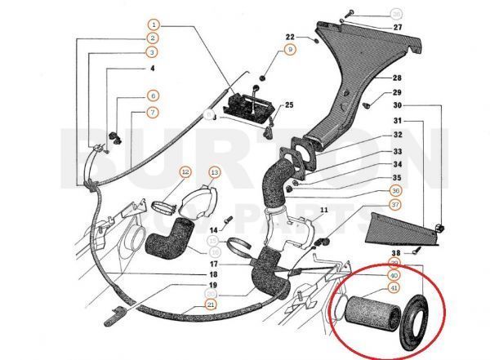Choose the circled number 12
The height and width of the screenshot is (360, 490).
[x=185, y=172]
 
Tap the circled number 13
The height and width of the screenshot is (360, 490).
[x=214, y=172]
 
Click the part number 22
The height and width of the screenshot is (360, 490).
[x=290, y=37]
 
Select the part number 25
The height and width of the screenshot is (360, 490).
[x=288, y=105]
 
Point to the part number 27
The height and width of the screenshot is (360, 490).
[x=398, y=27]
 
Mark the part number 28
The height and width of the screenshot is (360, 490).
[x=398, y=78]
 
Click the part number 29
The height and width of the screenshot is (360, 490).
[x=398, y=92]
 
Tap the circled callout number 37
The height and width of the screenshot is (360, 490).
[x=395, y=204]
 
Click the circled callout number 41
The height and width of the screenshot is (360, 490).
[x=394, y=287]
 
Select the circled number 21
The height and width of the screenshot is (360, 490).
[x=212, y=305]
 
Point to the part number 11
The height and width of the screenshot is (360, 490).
[x=324, y=211]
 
